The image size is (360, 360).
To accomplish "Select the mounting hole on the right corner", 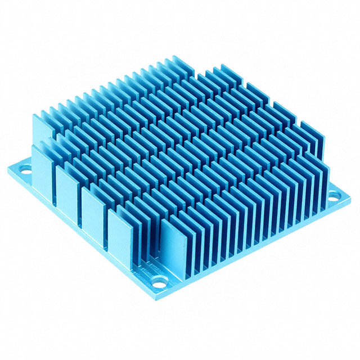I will click(x=334, y=196).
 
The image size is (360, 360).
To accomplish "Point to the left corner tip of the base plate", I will click(x=7, y=166).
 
